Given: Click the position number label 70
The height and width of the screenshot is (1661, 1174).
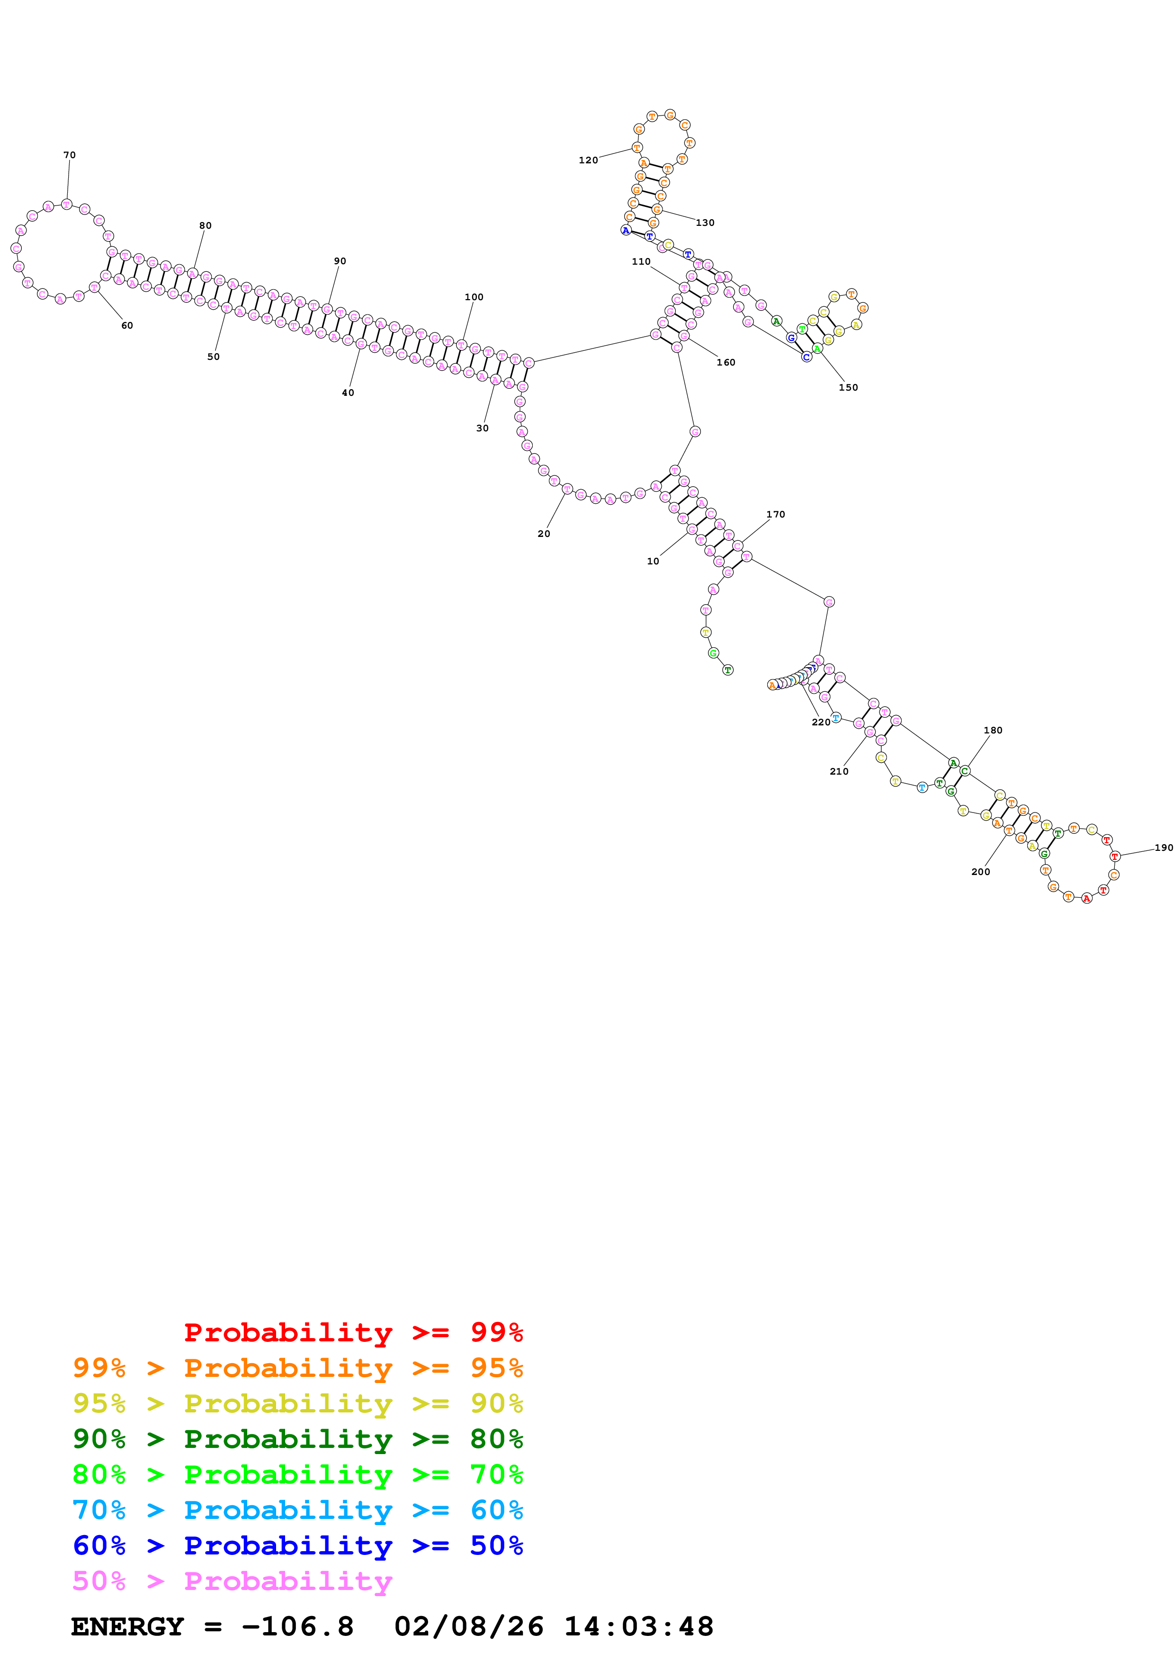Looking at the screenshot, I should (70, 155).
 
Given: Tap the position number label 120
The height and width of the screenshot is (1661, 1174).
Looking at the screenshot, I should (588, 160).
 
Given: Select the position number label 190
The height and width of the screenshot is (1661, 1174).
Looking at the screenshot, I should (1163, 848).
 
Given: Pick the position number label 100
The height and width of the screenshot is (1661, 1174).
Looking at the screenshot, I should (474, 296).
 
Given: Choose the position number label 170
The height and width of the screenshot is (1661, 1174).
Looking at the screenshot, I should (775, 514).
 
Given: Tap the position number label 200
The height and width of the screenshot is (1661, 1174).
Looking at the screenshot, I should (980, 872).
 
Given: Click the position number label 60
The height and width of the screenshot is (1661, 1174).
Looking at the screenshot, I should (127, 326).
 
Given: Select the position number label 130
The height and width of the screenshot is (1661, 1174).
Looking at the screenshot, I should (705, 223).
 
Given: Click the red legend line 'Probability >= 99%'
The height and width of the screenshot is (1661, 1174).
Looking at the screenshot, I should (353, 1332).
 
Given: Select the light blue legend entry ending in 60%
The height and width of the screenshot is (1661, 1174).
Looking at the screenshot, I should (297, 1510).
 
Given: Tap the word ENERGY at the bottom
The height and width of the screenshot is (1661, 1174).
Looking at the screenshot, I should (127, 1626).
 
